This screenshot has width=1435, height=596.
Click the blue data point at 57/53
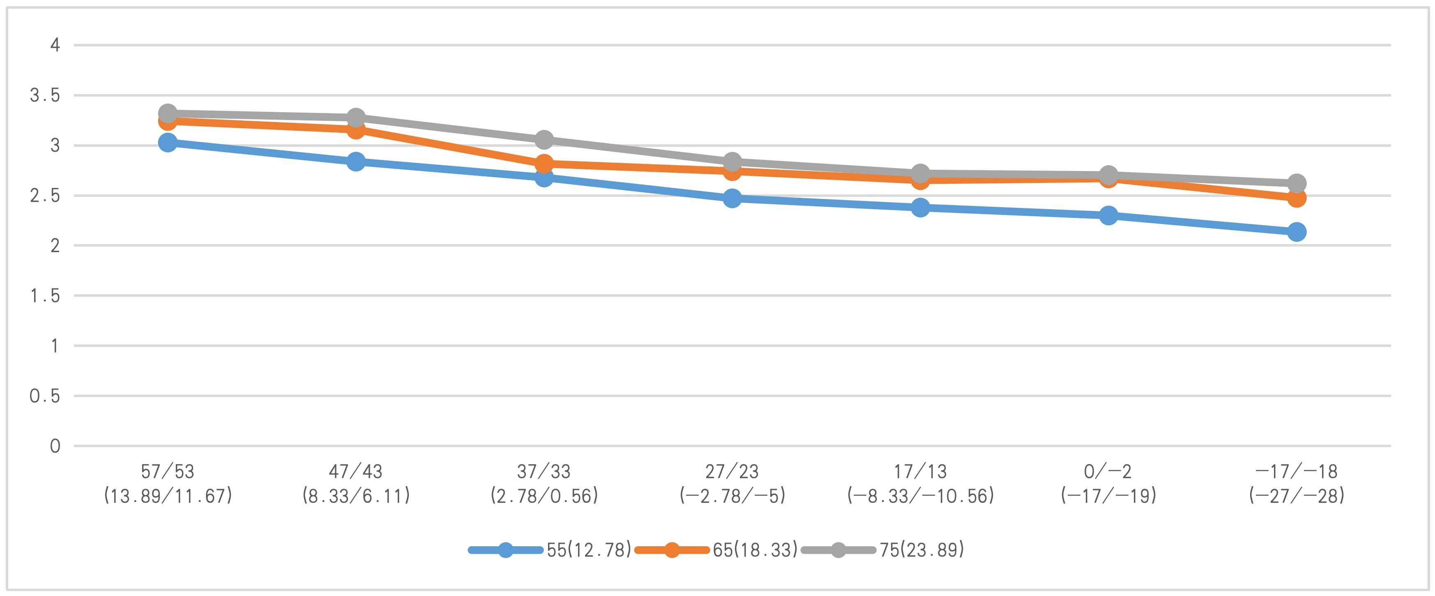[x=168, y=143]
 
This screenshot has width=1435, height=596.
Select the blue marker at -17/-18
[x=1296, y=232]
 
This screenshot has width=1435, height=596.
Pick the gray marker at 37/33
[x=544, y=139]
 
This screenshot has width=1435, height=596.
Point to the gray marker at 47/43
[x=356, y=118]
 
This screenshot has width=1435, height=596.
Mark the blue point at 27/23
[x=732, y=198]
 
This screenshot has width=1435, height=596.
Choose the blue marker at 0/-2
[x=1108, y=215]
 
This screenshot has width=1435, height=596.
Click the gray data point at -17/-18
[x=1296, y=183]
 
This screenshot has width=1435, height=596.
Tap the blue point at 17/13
[x=920, y=208]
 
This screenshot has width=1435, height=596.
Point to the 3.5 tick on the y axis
[x=44, y=96]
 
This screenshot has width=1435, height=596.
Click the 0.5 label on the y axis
[x=44, y=396]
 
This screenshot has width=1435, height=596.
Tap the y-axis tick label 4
[x=55, y=45]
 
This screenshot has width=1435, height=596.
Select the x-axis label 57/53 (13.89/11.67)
[x=168, y=484]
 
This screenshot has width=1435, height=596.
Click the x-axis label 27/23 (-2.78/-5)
[x=732, y=484]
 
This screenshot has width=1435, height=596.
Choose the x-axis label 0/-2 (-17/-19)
[x=1108, y=484]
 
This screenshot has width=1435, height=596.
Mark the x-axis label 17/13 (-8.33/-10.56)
[x=920, y=484]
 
